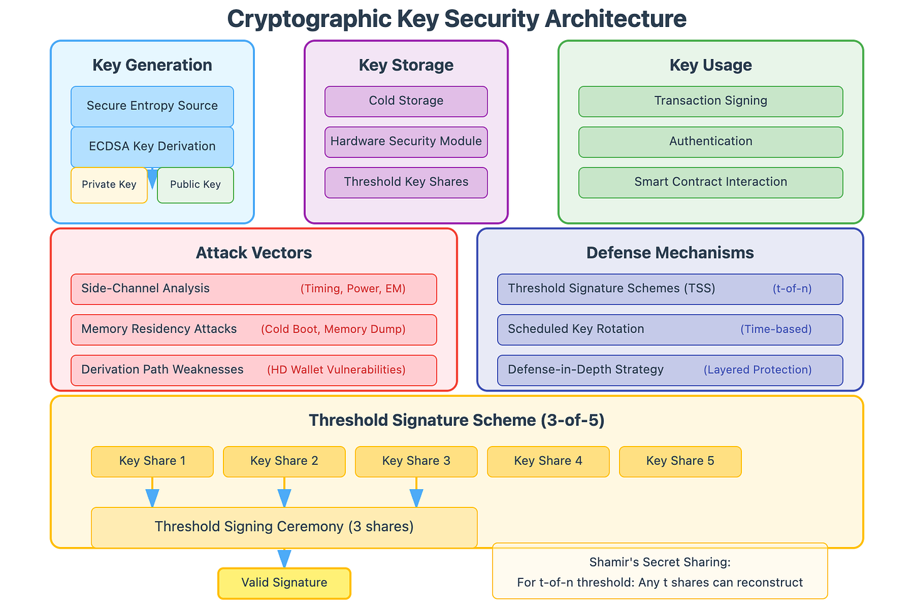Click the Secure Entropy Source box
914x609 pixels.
(152, 106)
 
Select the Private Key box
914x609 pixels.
(109, 184)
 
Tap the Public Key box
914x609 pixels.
(195, 184)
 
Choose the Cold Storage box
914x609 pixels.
(406, 101)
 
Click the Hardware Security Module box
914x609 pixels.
(406, 142)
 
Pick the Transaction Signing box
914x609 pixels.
(710, 101)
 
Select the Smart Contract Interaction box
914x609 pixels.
(710, 182)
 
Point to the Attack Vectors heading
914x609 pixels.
(254, 253)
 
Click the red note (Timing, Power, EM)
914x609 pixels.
(353, 289)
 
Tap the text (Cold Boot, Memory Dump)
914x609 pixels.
(333, 329)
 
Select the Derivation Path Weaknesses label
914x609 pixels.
(162, 369)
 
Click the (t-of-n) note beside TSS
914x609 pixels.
(792, 289)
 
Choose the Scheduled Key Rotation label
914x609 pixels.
(576, 329)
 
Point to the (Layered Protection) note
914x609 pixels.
(757, 370)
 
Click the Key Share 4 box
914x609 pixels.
(548, 461)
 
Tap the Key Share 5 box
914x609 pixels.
(680, 461)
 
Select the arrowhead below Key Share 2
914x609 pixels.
(284, 498)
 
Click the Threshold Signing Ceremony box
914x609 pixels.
(284, 527)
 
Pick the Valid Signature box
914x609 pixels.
(284, 583)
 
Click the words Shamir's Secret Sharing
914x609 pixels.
(660, 563)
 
